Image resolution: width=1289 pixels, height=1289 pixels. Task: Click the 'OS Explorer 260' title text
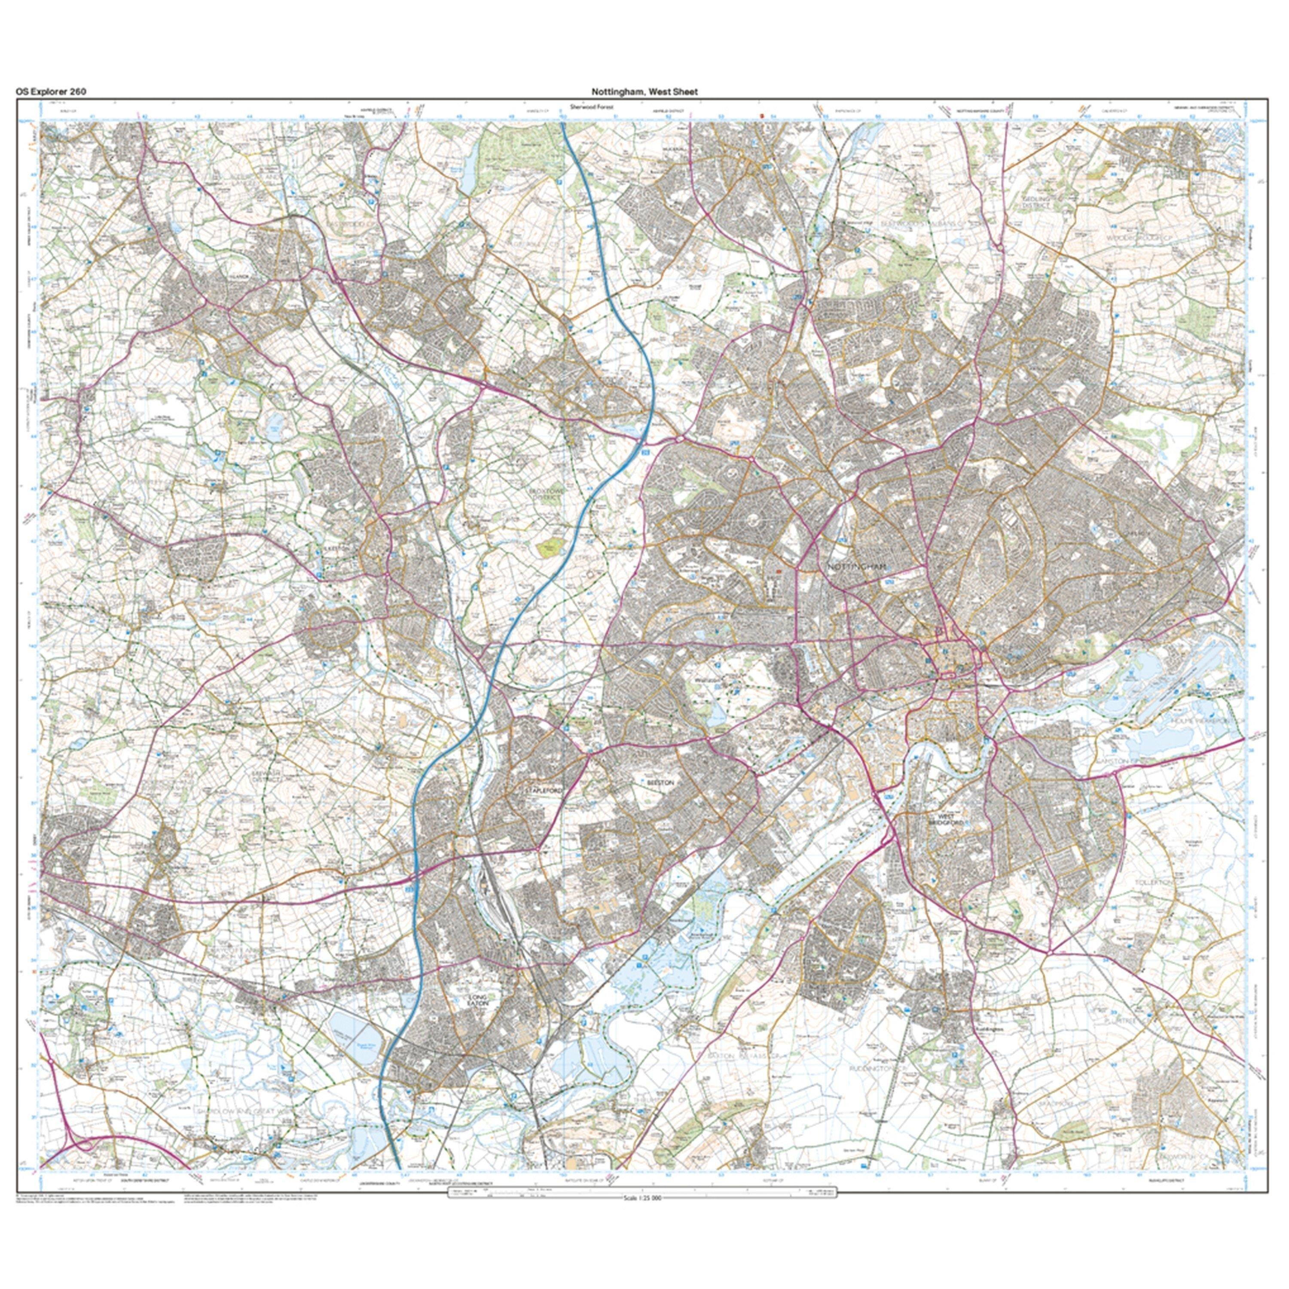point(51,92)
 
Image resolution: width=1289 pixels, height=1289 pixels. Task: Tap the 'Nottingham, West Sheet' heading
point(644,92)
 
